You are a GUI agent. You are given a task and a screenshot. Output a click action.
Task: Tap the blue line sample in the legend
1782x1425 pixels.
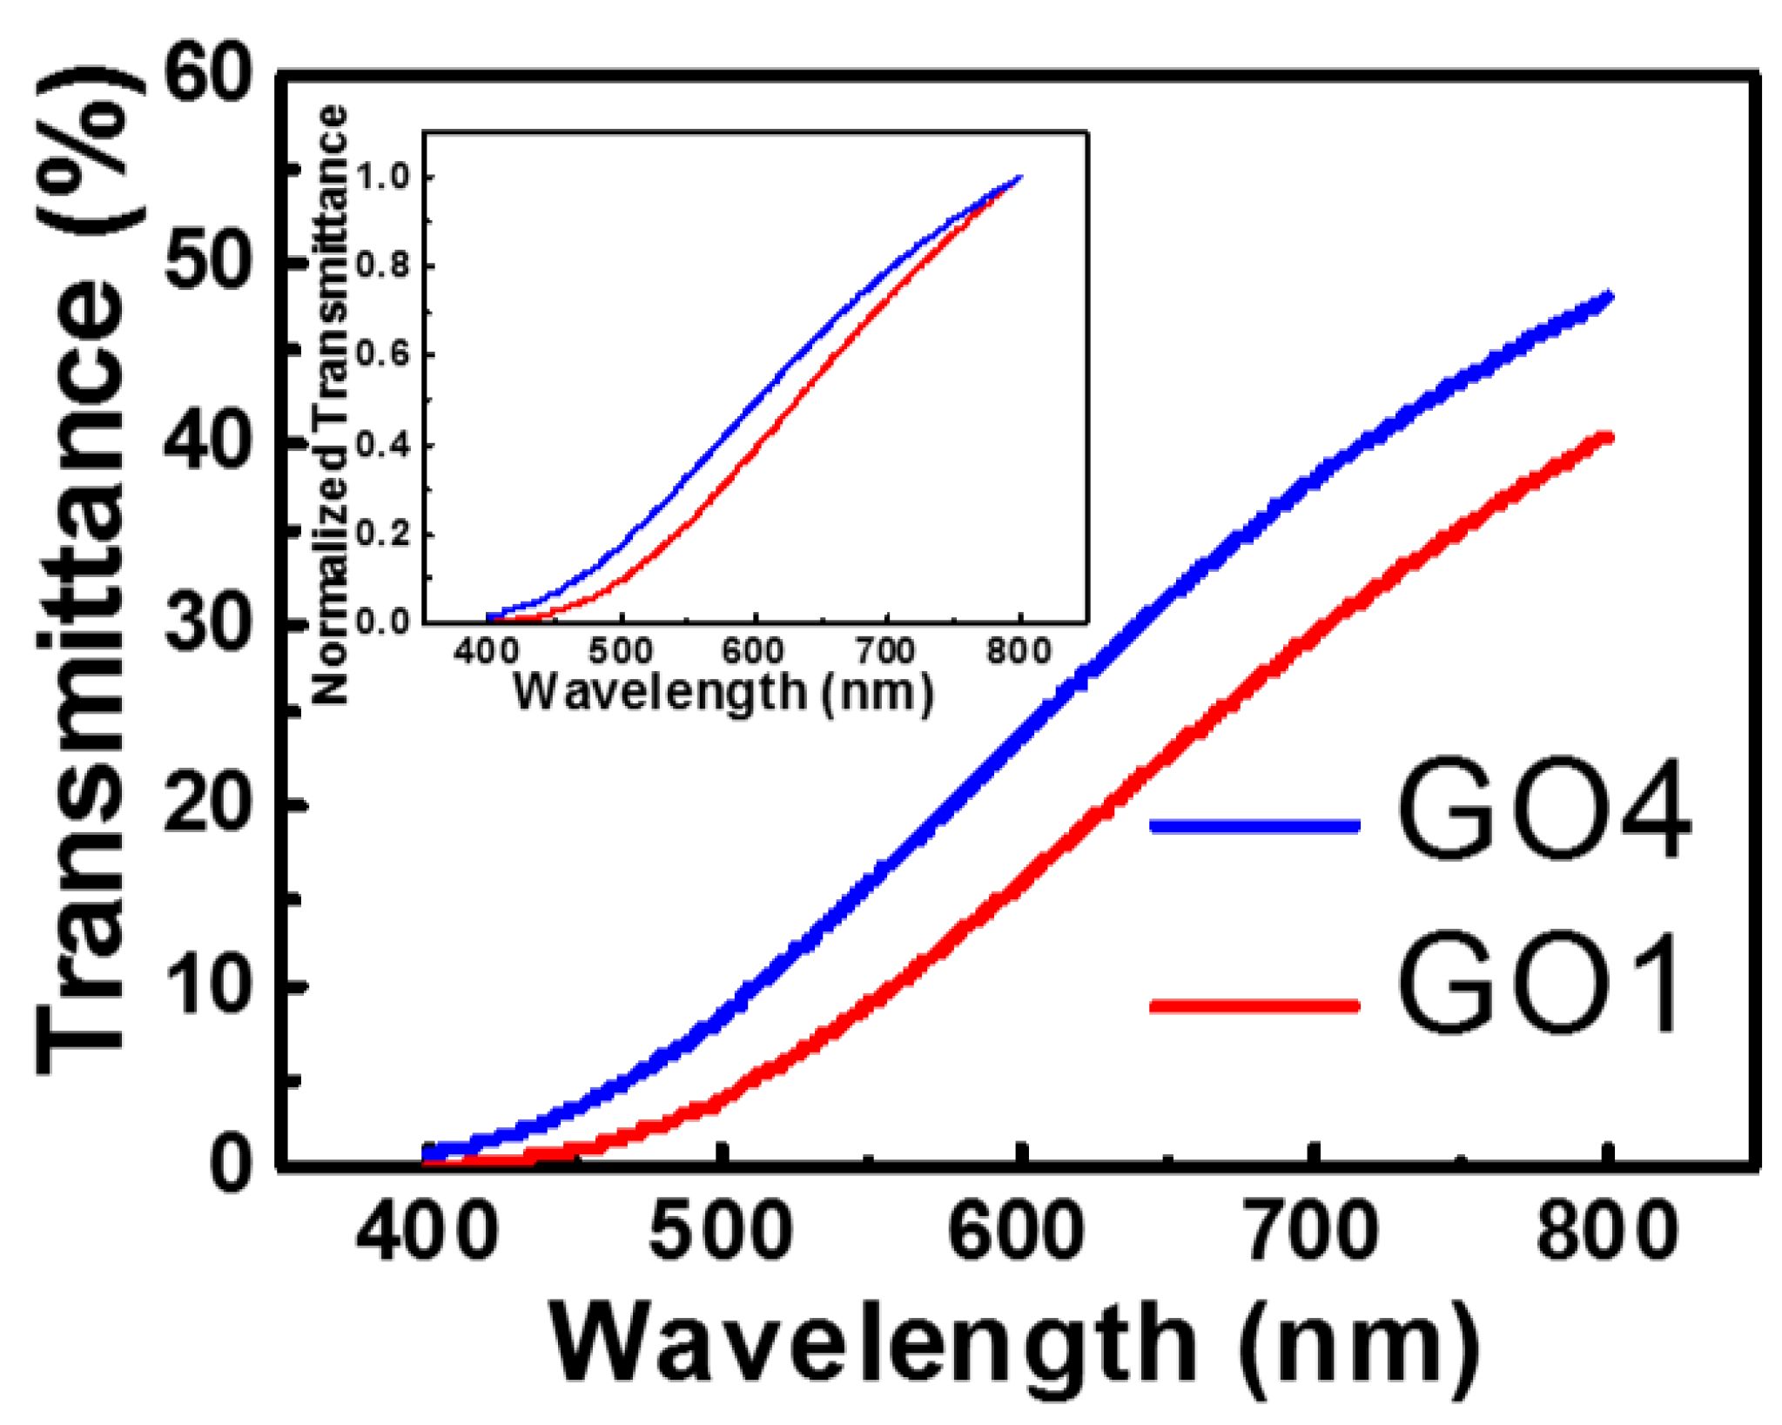(x=1254, y=825)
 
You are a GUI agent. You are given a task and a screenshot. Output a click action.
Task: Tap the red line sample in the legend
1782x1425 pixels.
(x=1254, y=1005)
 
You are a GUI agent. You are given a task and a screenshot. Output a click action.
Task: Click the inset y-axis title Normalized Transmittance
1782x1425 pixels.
(x=331, y=405)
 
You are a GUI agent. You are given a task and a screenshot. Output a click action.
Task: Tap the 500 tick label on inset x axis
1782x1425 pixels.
(x=620, y=651)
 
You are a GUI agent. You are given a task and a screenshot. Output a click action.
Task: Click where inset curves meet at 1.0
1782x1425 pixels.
(x=1019, y=178)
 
